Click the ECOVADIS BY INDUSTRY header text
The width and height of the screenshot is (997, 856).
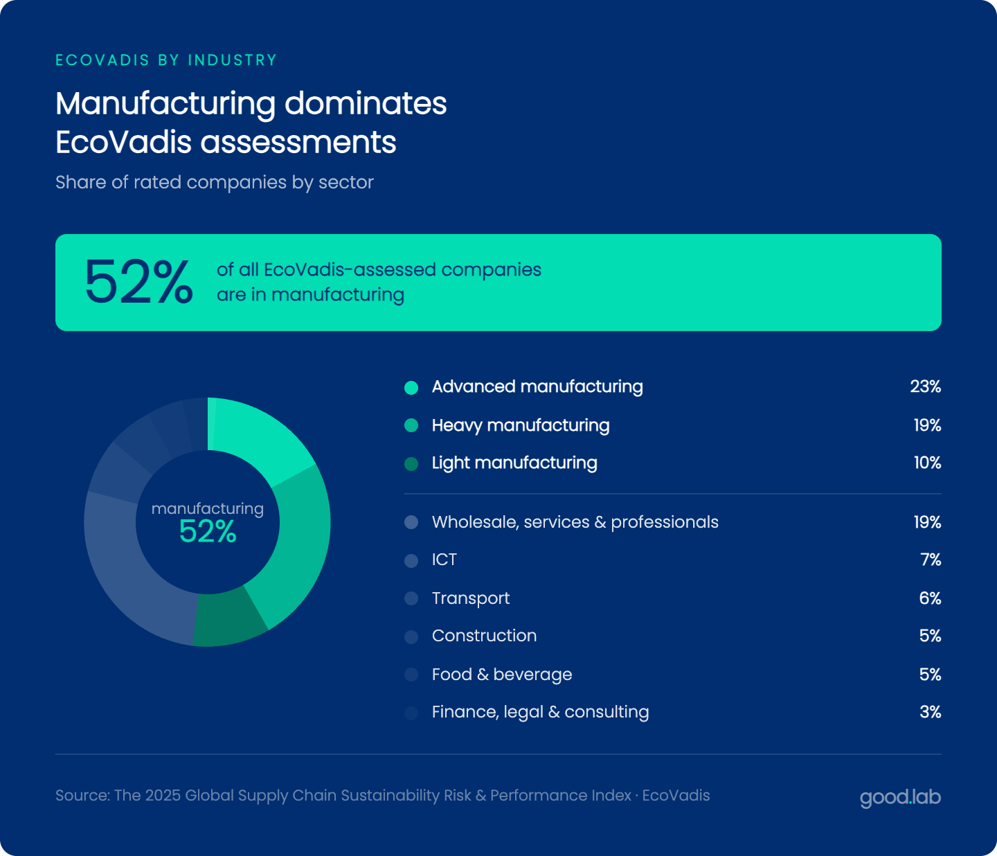(x=166, y=60)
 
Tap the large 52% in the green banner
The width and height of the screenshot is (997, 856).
(x=138, y=283)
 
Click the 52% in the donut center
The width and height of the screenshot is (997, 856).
(x=208, y=532)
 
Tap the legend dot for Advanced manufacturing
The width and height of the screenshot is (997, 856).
(x=411, y=388)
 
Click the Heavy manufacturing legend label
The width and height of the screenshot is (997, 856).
(x=521, y=425)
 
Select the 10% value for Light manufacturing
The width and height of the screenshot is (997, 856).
(x=927, y=463)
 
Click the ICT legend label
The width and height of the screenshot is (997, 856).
(x=444, y=560)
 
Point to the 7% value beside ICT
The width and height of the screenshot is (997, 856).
(x=931, y=560)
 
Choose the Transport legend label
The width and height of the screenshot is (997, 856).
(x=471, y=598)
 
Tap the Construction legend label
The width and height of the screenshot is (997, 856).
(x=484, y=636)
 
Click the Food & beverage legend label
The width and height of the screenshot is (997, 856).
(x=502, y=675)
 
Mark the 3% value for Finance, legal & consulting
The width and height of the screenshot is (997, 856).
(x=930, y=712)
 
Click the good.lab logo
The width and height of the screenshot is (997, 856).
(x=900, y=797)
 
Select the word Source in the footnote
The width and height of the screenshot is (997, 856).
(x=82, y=795)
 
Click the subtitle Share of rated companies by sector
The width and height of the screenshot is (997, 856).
(x=215, y=182)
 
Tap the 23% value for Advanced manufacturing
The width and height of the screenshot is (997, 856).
(x=925, y=386)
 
